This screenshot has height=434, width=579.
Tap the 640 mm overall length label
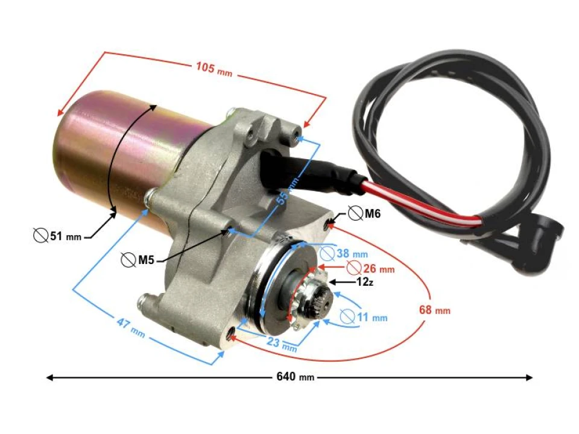tap(295, 377)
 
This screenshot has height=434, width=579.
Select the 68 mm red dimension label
tap(434, 310)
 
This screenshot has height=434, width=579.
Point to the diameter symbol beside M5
tap(128, 260)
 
